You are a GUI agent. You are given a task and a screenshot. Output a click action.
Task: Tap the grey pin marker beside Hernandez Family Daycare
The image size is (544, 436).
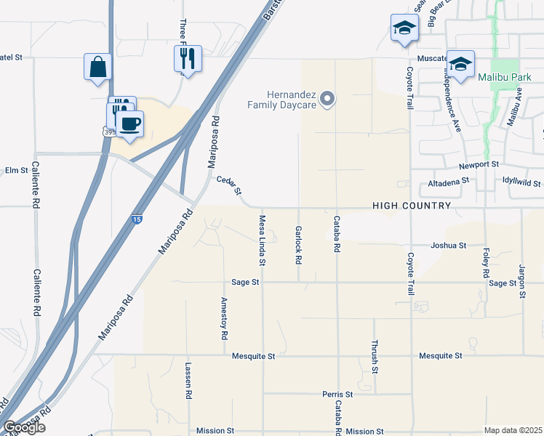pos(327,97)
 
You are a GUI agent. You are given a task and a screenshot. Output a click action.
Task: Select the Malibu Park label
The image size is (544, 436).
pos(501,76)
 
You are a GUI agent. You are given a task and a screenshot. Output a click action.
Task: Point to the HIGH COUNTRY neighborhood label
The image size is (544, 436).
pos(412,206)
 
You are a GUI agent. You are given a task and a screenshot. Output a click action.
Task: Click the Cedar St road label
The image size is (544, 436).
pos(228,185)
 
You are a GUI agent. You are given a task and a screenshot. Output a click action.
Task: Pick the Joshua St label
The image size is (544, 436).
pos(448,246)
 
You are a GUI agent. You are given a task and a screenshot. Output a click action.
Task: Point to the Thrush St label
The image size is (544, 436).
pos(375,357)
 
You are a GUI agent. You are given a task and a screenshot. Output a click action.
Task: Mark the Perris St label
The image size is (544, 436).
pos(337,395)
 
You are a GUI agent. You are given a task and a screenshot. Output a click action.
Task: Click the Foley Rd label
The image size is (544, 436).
pos(486,263)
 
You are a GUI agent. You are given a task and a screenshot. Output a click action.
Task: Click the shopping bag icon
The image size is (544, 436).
pos(97,68)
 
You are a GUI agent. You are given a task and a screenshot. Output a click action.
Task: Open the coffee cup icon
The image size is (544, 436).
pos(130,123)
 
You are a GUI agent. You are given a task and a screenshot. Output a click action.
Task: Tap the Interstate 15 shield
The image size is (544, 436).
pos(137,219)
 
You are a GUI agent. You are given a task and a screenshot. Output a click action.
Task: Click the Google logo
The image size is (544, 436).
pos(24,427)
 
